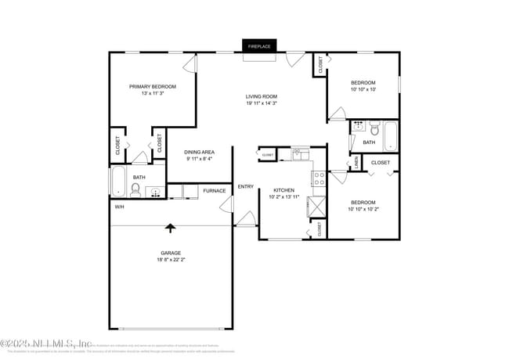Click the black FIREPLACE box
(259, 46)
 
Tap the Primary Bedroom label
(153, 86)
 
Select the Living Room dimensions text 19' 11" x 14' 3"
(262, 103)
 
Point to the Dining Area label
(199, 152)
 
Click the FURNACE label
(215, 191)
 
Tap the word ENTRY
(245, 186)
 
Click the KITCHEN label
(283, 190)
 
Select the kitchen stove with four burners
(319, 178)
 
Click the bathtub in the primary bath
(117, 181)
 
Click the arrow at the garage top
(171, 229)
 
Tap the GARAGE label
(171, 253)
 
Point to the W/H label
(120, 207)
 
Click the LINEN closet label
(356, 161)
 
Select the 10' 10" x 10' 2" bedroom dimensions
(363, 209)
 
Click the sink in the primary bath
(155, 190)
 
